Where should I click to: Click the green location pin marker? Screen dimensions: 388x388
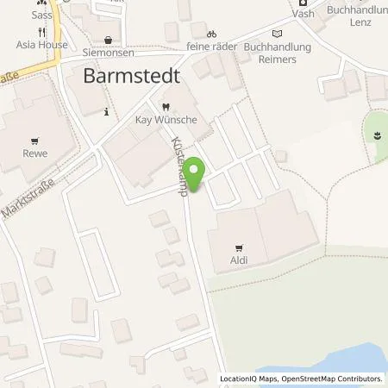pos(196,172)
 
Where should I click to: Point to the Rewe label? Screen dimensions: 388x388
pos(35,153)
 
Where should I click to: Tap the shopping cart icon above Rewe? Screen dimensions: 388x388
pos(35,140)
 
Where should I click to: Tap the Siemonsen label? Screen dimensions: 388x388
pos(107,53)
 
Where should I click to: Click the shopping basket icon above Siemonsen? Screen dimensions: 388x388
pos(107,39)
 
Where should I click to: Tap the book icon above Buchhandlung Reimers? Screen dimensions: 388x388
pos(276,34)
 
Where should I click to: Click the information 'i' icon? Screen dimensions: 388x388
pos(105,111)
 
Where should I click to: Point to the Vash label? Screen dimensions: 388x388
pos(304,15)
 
